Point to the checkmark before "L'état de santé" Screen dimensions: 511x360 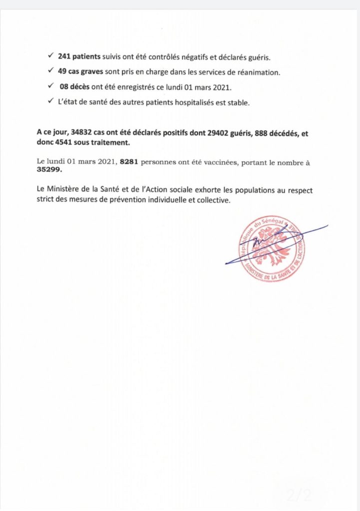click(51, 102)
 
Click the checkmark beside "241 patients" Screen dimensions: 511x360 click(51, 57)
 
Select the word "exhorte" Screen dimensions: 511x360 click(228, 191)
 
